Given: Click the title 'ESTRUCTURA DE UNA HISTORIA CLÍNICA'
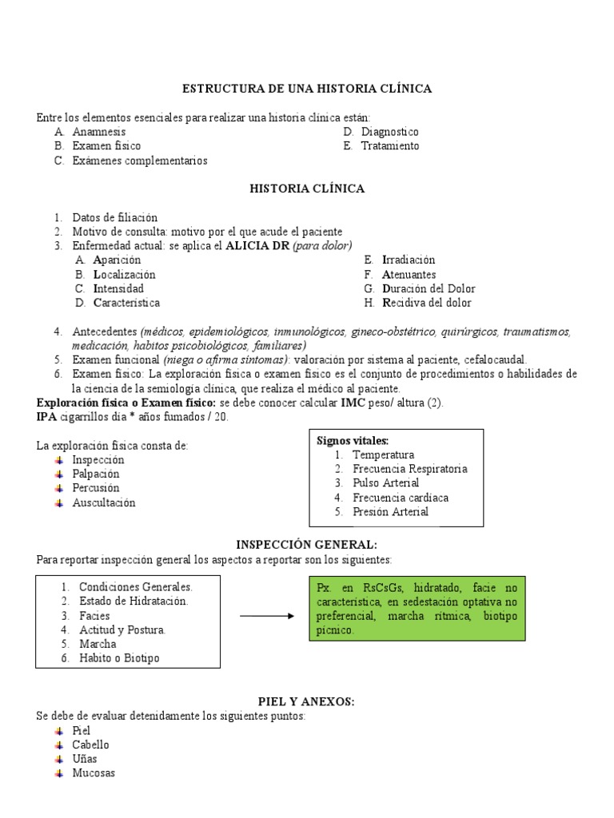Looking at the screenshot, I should click(x=307, y=89).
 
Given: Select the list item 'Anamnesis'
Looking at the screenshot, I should click(x=99, y=132).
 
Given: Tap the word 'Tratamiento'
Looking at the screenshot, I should click(x=389, y=146).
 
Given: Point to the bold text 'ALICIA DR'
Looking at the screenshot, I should click(x=258, y=245).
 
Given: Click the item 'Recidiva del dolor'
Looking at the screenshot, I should click(x=427, y=303).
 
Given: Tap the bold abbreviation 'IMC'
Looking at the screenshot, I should click(x=353, y=403).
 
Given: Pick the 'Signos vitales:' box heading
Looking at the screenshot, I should click(x=353, y=440).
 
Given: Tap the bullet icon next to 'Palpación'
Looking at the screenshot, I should click(x=59, y=475).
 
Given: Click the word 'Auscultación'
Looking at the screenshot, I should click(x=104, y=503).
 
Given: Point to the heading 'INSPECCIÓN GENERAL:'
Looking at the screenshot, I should click(x=307, y=544).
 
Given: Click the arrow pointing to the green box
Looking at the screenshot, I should click(x=267, y=616).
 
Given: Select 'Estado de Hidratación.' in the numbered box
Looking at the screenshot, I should click(x=134, y=601).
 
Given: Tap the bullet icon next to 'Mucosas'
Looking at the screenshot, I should click(x=59, y=773).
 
